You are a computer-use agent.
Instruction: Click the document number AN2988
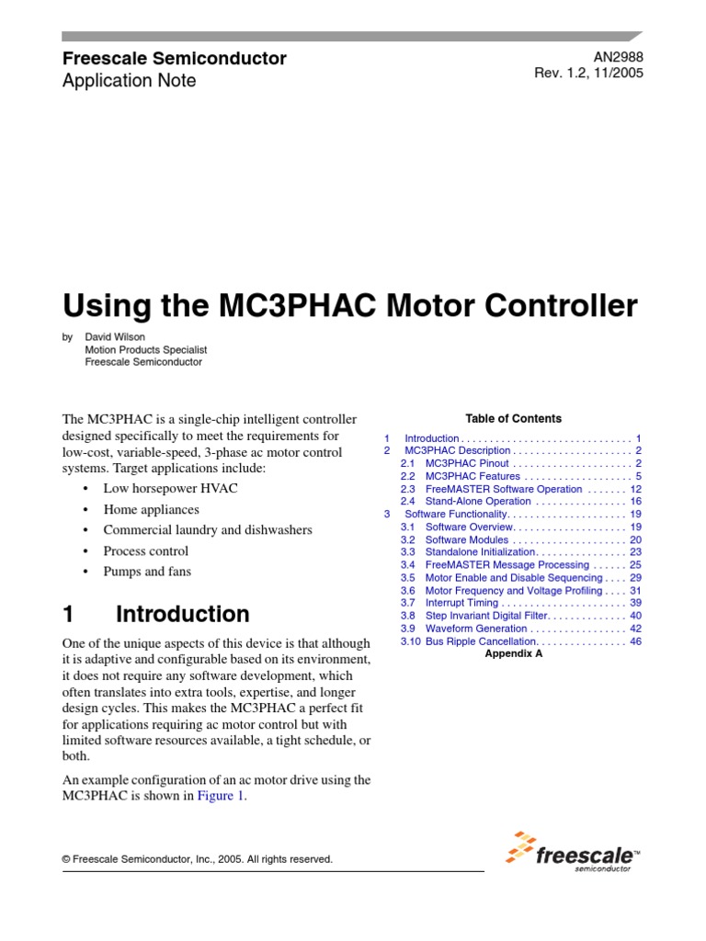click(619, 57)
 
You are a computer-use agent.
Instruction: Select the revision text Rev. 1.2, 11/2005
click(588, 74)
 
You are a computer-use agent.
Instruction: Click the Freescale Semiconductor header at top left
click(174, 59)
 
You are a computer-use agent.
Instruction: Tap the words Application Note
click(129, 81)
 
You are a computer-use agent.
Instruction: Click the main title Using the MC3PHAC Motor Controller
click(349, 306)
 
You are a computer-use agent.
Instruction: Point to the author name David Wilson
click(115, 337)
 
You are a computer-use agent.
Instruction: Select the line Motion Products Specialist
click(146, 350)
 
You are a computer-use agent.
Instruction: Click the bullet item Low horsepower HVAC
click(170, 488)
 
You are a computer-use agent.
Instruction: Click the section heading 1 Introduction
click(155, 614)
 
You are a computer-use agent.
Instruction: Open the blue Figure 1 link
click(221, 797)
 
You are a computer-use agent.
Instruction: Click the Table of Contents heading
click(513, 418)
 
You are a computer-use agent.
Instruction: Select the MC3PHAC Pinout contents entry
click(468, 464)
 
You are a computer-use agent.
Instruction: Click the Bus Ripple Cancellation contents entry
click(480, 641)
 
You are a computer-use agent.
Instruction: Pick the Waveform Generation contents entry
click(476, 629)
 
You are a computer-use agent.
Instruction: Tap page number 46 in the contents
click(635, 641)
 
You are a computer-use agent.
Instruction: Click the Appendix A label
click(513, 655)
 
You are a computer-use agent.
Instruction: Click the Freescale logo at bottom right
click(573, 849)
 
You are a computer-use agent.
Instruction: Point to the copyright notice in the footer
click(197, 859)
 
